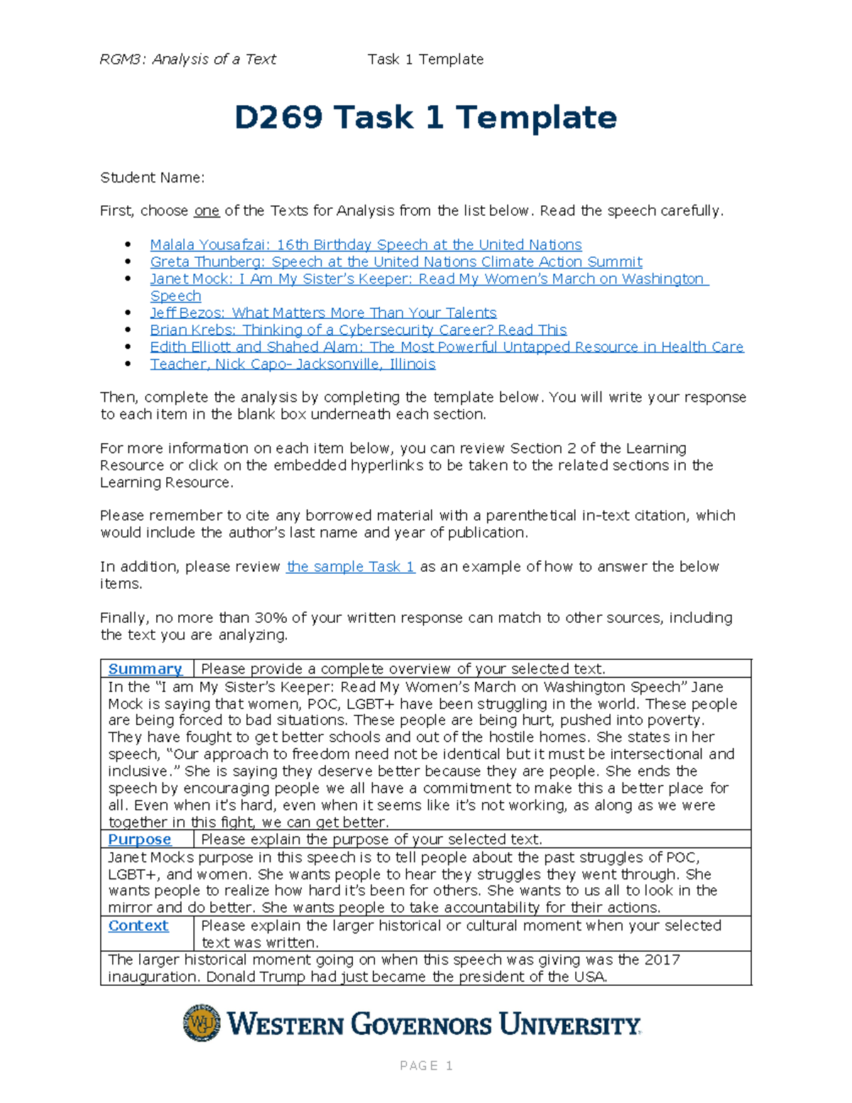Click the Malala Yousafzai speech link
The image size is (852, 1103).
point(366,245)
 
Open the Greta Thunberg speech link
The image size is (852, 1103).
point(395,262)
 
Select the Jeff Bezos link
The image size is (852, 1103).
point(323,313)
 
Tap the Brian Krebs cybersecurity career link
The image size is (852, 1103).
point(358,330)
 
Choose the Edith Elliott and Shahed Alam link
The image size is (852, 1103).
point(447,347)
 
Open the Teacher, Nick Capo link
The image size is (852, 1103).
point(293,364)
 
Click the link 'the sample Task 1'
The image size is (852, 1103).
point(350,567)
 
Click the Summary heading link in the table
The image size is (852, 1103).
point(145,669)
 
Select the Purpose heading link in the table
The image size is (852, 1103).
point(139,840)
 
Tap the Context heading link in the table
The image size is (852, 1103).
point(138,926)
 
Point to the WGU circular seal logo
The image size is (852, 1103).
point(202,1023)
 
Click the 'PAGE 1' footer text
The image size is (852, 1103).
point(426,1065)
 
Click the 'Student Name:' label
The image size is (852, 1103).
point(152,178)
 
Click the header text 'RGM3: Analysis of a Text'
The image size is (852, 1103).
point(187,60)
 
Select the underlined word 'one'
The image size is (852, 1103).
point(207,211)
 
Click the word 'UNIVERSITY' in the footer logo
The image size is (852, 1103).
point(569,1025)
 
